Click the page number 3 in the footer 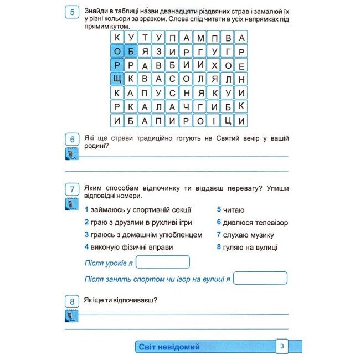282,347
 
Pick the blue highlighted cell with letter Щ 117,79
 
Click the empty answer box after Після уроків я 162,262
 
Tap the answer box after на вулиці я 260,278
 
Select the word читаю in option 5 234,210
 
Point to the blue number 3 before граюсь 87,234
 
